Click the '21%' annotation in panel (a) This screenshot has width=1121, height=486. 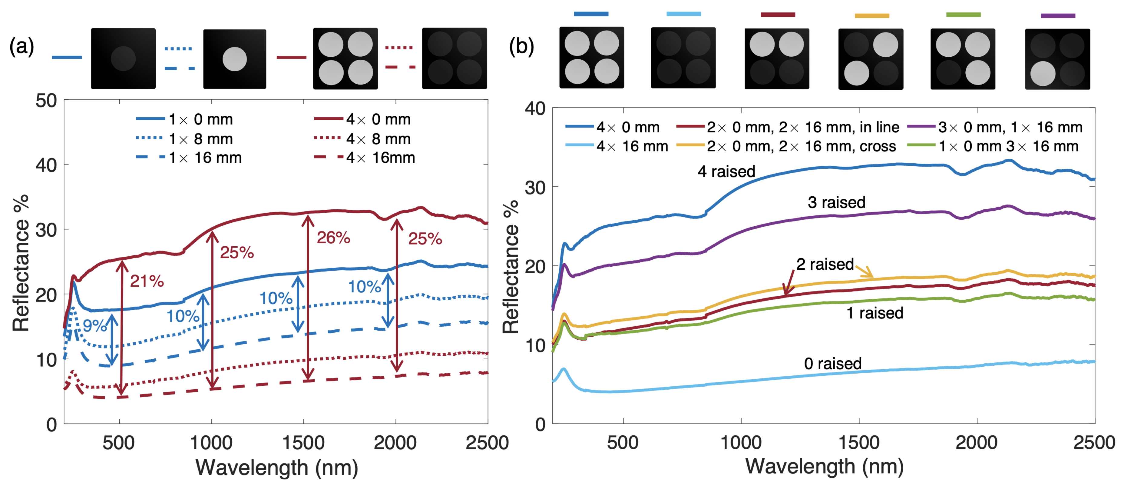click(147, 281)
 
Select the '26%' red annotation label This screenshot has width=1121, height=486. click(333, 238)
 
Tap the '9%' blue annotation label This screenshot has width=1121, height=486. click(94, 326)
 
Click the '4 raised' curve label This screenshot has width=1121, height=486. click(726, 171)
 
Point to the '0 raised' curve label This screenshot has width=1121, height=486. click(832, 364)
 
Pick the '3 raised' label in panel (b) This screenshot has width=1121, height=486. click(836, 202)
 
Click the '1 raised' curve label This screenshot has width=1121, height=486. click(875, 313)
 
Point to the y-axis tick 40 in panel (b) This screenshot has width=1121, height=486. click(535, 108)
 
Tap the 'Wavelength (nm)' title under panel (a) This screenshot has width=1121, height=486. click(277, 468)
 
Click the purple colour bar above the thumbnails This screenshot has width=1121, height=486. click(1057, 16)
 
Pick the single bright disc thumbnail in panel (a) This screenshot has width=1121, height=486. click(235, 59)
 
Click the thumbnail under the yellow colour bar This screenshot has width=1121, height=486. click(871, 59)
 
